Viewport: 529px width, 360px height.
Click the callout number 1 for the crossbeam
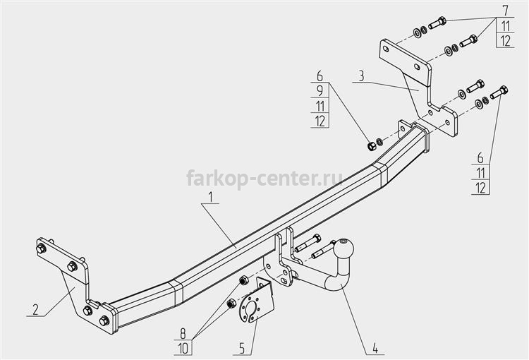point(210,197)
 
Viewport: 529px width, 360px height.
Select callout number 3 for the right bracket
point(361,76)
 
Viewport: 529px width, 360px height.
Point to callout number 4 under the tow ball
point(375,348)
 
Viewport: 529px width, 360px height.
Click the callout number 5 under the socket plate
point(242,348)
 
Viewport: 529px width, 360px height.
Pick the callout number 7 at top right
point(505,11)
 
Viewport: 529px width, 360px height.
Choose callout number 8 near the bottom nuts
point(183,334)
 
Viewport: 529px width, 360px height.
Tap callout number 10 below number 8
point(183,349)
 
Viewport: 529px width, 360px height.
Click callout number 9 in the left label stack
point(320,90)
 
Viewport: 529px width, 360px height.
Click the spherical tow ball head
point(343,248)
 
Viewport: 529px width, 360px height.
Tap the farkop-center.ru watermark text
point(264,178)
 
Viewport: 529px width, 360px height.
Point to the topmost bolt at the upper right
point(437,23)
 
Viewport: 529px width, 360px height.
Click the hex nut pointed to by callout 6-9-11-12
point(371,145)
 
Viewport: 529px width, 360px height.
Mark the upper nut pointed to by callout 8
point(243,280)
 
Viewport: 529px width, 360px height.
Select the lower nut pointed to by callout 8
point(231,304)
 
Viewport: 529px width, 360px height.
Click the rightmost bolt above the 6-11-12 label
point(499,92)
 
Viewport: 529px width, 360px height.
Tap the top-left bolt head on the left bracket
point(41,248)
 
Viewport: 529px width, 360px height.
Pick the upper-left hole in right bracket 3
point(386,49)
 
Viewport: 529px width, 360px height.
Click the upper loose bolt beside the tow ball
point(308,243)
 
